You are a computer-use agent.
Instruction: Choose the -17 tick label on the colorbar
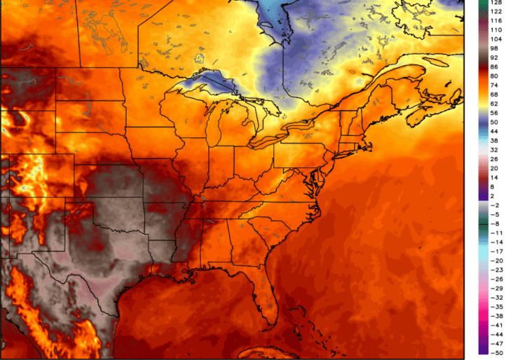(x=495, y=251)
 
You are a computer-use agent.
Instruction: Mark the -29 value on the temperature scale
(x=495, y=288)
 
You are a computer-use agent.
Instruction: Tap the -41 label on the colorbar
(x=495, y=325)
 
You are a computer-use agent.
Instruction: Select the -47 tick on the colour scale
(x=495, y=344)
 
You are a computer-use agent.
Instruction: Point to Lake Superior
(x=203, y=81)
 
